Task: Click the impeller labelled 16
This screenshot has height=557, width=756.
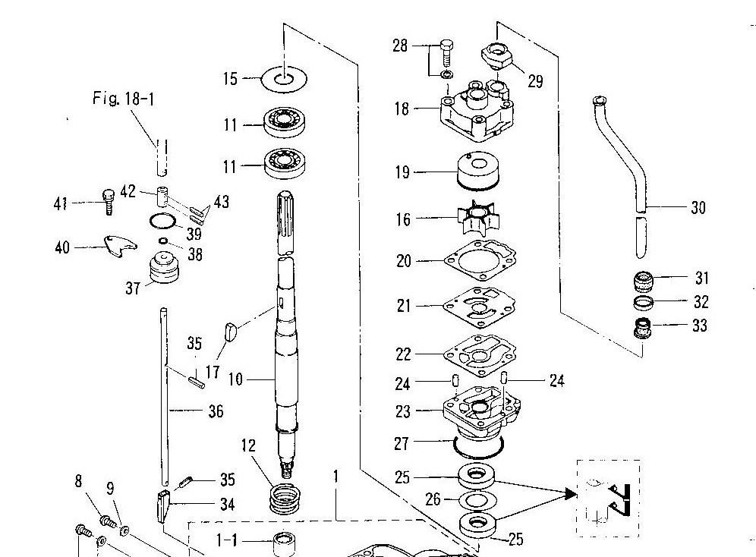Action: (477, 219)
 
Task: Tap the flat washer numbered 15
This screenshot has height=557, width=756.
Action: (285, 78)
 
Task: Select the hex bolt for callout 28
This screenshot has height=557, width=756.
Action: (447, 53)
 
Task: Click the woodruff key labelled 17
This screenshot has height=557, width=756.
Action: (231, 332)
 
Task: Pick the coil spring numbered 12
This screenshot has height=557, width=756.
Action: (285, 499)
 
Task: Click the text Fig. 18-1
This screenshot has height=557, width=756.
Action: (124, 99)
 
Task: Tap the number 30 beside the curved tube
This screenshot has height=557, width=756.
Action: (698, 208)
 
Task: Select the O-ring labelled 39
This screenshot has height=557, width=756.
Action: (162, 221)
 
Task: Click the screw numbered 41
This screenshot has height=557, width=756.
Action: (109, 202)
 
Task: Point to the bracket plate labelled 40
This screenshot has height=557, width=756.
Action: (120, 246)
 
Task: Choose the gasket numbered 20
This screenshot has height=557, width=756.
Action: (480, 261)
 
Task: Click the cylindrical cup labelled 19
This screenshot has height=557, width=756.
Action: (477, 171)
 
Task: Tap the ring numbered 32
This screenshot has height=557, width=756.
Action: (644, 302)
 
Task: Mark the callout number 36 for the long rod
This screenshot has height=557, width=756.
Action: (216, 411)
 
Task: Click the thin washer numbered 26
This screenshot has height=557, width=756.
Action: (477, 501)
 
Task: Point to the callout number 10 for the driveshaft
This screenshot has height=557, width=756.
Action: (235, 379)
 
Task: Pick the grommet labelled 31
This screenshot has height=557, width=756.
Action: (643, 282)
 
